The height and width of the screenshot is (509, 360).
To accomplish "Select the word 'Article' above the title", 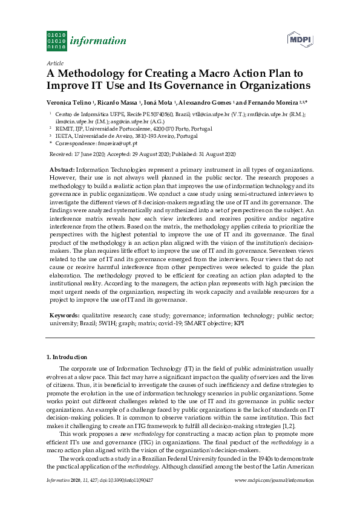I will [55, 63].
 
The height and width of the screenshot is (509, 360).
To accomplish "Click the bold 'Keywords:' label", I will [64, 316].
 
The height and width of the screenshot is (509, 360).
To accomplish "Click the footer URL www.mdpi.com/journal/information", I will [273, 496].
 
